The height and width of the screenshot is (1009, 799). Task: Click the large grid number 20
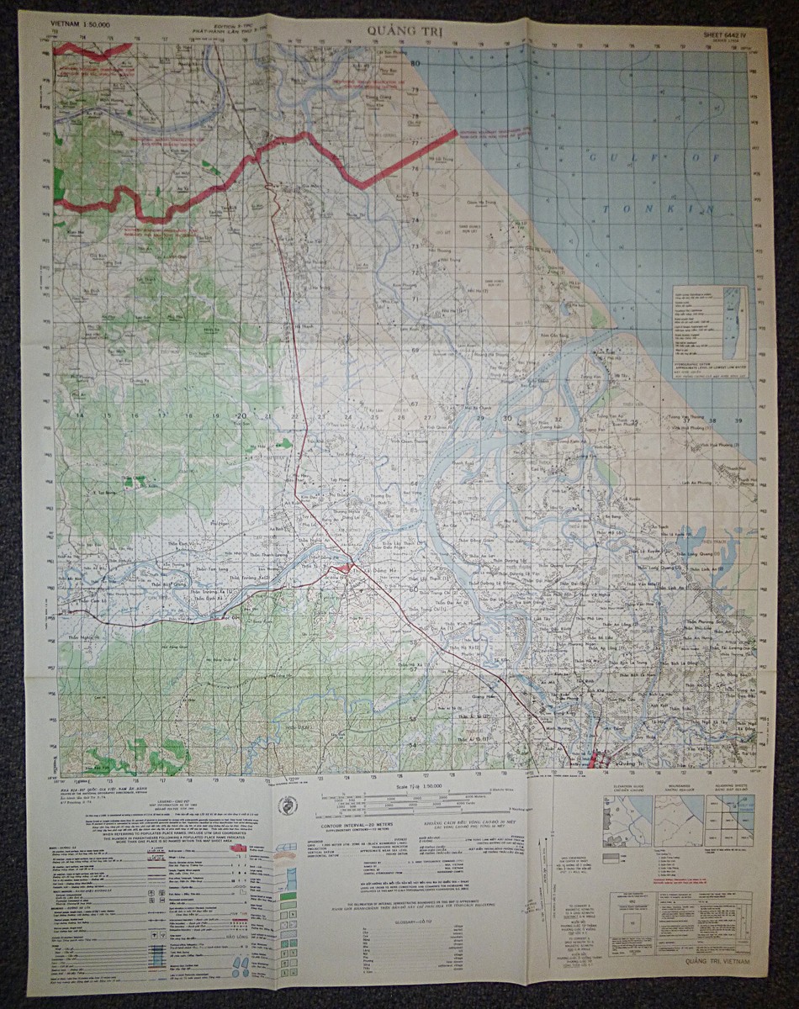coord(241,415)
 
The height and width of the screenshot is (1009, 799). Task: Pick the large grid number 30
coord(506,418)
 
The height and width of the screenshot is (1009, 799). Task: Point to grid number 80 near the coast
coord(414,64)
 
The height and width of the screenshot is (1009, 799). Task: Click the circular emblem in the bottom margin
coord(288,805)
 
